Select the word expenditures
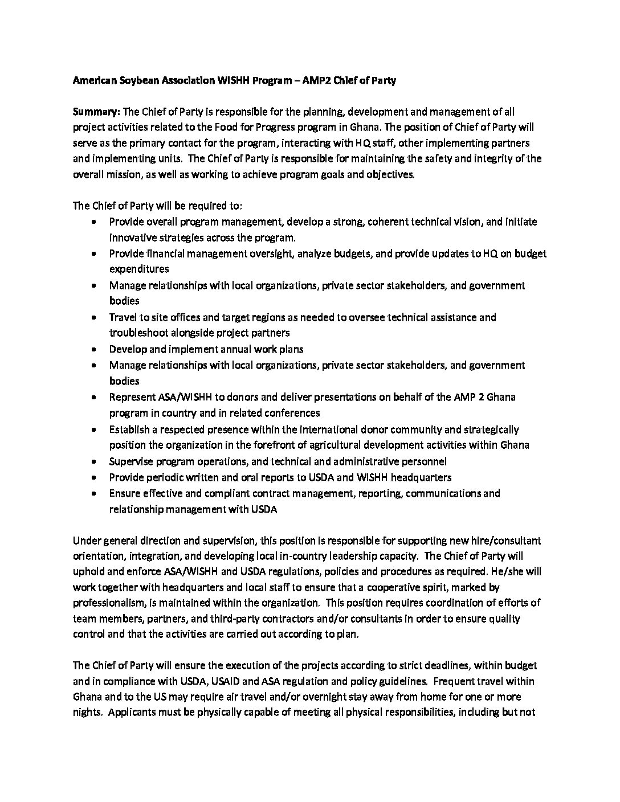point(139,269)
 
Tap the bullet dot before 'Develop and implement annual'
point(93,349)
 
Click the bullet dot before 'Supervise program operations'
point(93,461)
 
